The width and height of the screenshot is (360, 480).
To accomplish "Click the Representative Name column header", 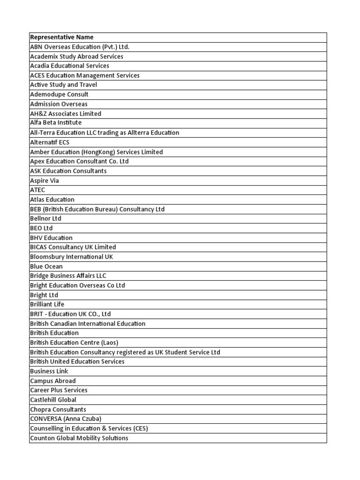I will [x=61, y=37].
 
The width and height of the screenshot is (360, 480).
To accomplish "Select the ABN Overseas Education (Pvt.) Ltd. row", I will [x=79, y=47].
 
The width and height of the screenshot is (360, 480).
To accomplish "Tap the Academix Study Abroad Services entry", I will [x=76, y=56].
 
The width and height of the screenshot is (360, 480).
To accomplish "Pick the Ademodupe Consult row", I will [x=59, y=94].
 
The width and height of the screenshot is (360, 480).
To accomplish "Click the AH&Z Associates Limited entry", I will [x=65, y=113].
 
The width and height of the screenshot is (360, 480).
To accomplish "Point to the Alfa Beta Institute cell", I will [x=55, y=123].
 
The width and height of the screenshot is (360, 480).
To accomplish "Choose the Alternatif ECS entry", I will [x=50, y=142].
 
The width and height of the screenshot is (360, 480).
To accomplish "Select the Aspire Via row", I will [x=45, y=180].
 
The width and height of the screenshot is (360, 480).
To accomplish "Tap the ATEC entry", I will [x=37, y=190].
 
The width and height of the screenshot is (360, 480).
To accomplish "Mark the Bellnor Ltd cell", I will [x=45, y=218].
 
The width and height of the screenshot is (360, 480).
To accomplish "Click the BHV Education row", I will [x=51, y=238].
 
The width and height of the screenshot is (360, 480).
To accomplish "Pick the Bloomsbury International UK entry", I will [x=71, y=257].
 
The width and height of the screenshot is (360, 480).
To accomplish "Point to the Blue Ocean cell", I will [x=46, y=266].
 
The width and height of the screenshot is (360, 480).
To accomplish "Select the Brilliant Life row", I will [x=47, y=304].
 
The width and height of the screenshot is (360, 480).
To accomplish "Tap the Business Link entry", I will [x=49, y=371].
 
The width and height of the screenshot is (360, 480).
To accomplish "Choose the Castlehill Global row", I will [x=53, y=400].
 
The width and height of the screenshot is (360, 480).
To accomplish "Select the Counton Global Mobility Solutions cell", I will [x=79, y=438].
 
